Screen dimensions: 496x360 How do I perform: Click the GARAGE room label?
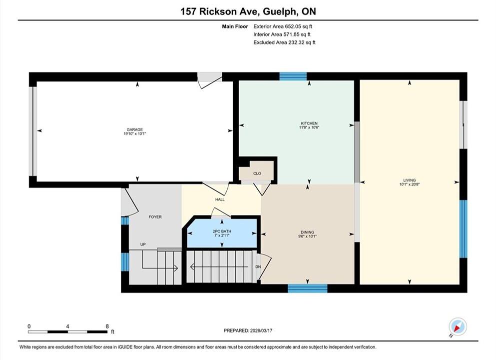point(135,129)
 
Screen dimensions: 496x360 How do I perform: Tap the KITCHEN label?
point(309,123)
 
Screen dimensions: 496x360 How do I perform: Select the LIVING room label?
point(409,180)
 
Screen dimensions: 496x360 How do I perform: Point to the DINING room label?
point(308,232)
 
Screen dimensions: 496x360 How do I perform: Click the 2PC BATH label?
point(222,231)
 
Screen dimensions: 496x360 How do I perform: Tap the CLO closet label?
point(257,173)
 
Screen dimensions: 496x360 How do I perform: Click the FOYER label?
point(155,217)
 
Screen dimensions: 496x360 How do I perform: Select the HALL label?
point(220,199)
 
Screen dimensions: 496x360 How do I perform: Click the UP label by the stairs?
point(143,244)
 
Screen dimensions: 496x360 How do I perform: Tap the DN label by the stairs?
point(258,267)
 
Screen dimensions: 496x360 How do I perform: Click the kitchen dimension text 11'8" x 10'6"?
point(309,127)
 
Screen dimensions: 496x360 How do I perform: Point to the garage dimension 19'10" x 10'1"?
point(135,133)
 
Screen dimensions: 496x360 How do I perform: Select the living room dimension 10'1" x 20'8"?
point(409,184)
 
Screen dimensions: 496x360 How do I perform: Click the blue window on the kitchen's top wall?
point(293,76)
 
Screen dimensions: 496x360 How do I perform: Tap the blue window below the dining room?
point(308,288)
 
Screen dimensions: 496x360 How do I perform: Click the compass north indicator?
point(458,327)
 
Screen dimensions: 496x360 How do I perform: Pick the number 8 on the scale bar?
point(107,326)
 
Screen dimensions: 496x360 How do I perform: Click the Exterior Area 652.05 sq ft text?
point(283,26)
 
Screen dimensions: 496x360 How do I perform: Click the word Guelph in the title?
point(280,11)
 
